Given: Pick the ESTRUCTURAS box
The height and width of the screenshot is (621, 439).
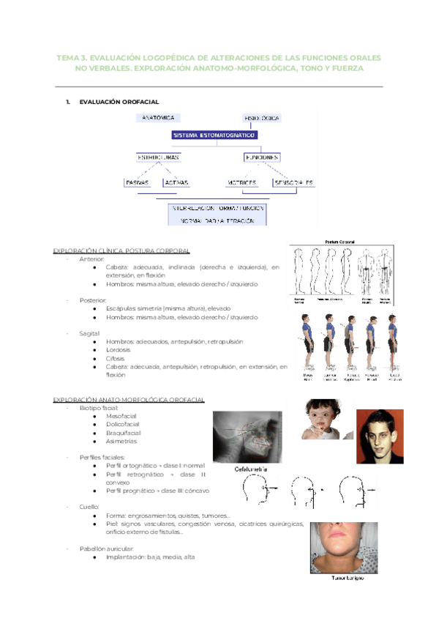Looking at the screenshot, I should (158, 157).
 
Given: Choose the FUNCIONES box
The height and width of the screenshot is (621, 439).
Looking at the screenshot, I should (261, 157).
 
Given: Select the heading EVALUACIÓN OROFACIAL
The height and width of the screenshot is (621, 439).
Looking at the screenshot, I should (119, 102).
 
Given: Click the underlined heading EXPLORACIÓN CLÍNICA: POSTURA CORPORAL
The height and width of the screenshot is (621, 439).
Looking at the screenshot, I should (121, 250).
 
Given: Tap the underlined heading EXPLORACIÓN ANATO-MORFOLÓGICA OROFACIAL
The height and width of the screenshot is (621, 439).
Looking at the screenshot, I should (129, 399).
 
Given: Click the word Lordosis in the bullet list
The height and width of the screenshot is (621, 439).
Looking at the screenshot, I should (117, 350).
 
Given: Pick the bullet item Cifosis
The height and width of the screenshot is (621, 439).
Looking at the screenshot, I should (116, 358).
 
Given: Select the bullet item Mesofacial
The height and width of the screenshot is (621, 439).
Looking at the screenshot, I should (121, 416).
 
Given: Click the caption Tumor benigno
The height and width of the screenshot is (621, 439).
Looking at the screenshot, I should (347, 578).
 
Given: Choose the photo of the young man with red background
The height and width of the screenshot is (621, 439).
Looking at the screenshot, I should (380, 436).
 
